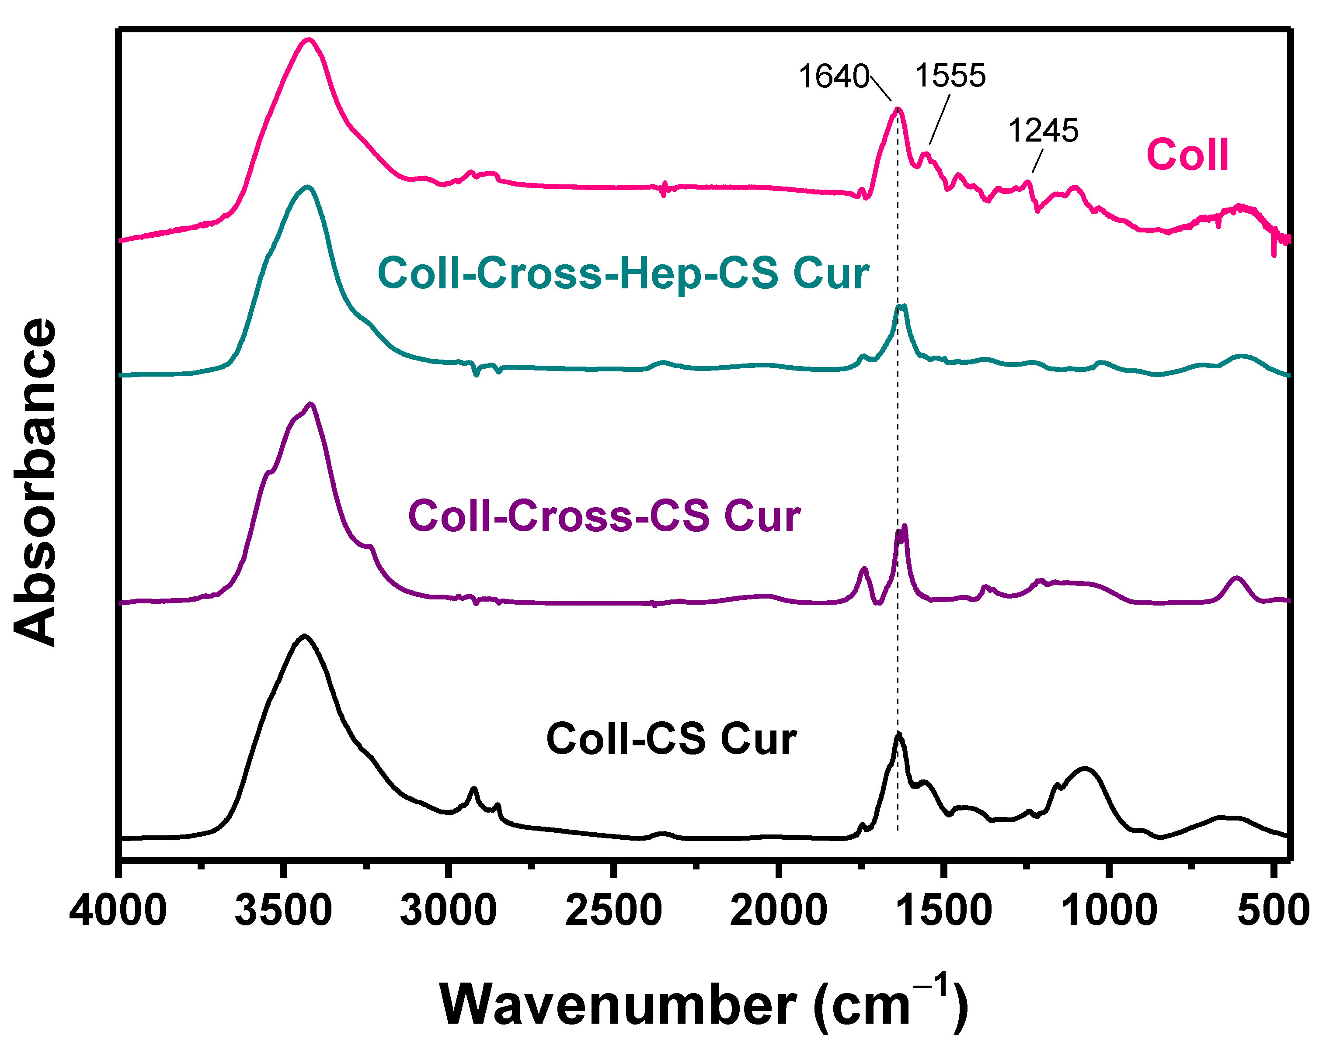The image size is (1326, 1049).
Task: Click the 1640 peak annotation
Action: click(834, 77)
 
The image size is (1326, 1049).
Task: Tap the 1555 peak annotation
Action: click(950, 76)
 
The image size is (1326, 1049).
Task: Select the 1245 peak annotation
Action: click(1043, 130)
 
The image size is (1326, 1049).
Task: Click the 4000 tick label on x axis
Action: click(118, 910)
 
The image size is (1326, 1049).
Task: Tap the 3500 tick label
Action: click(283, 910)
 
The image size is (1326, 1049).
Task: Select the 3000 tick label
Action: click(449, 910)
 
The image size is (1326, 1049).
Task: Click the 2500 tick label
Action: click(613, 910)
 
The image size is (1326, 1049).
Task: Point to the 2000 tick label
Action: click(779, 910)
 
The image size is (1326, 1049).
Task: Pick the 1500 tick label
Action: click(944, 910)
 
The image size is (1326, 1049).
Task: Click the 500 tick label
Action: click(1273, 910)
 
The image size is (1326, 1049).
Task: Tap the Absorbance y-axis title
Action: click(36, 482)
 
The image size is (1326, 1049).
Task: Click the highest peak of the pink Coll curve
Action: click(309, 41)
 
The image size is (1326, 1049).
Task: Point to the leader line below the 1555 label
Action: click(940, 120)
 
